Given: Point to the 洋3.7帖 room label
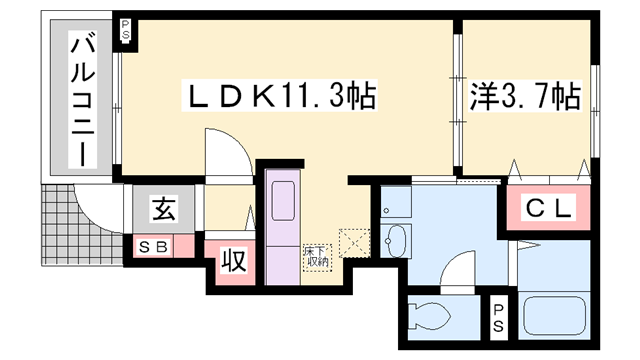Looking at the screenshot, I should click(x=526, y=96).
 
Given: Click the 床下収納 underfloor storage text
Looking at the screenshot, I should click(x=316, y=257).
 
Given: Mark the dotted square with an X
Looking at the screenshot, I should click(x=355, y=242).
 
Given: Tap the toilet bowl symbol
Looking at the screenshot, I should click(x=428, y=316).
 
